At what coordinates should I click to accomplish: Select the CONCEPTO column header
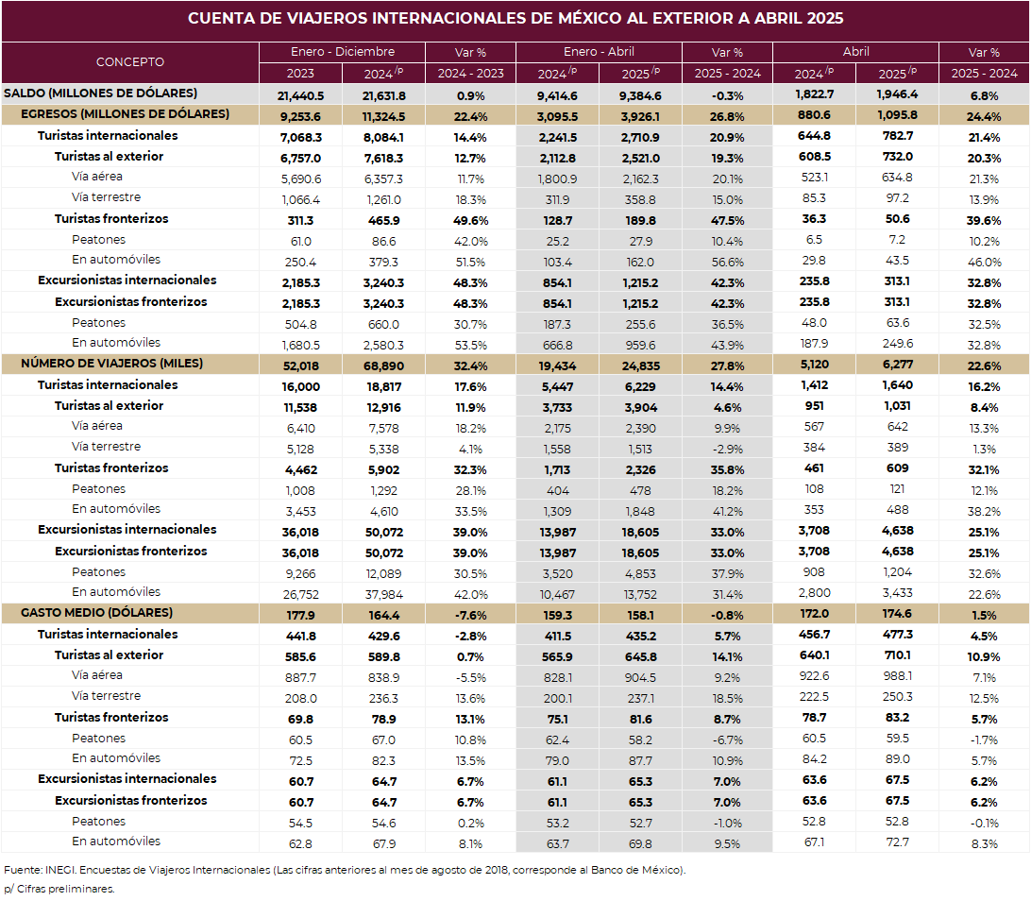point(130,61)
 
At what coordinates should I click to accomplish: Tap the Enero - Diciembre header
point(343,51)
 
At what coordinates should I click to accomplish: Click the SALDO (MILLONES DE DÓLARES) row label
point(101,93)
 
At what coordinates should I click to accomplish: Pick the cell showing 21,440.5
point(300,96)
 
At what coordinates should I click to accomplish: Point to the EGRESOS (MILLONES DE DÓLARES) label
point(125,114)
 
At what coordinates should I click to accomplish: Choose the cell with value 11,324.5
point(384,117)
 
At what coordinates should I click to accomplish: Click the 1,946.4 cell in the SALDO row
point(897,94)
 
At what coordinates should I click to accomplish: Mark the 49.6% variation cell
point(471,221)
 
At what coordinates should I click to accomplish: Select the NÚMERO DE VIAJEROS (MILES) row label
point(111,364)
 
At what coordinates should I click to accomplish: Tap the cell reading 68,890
point(384,366)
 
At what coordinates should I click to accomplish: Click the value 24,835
point(640,366)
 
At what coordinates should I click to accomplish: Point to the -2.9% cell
point(728,450)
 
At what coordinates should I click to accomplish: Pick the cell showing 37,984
point(384,595)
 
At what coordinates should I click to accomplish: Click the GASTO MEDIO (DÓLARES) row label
point(96,613)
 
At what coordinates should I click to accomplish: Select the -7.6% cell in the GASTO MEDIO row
point(471,616)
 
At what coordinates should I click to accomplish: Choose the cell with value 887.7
point(300,677)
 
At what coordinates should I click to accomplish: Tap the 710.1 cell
point(897,655)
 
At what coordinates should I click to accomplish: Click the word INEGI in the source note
point(59,870)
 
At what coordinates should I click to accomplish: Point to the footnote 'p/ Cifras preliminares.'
point(59,889)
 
